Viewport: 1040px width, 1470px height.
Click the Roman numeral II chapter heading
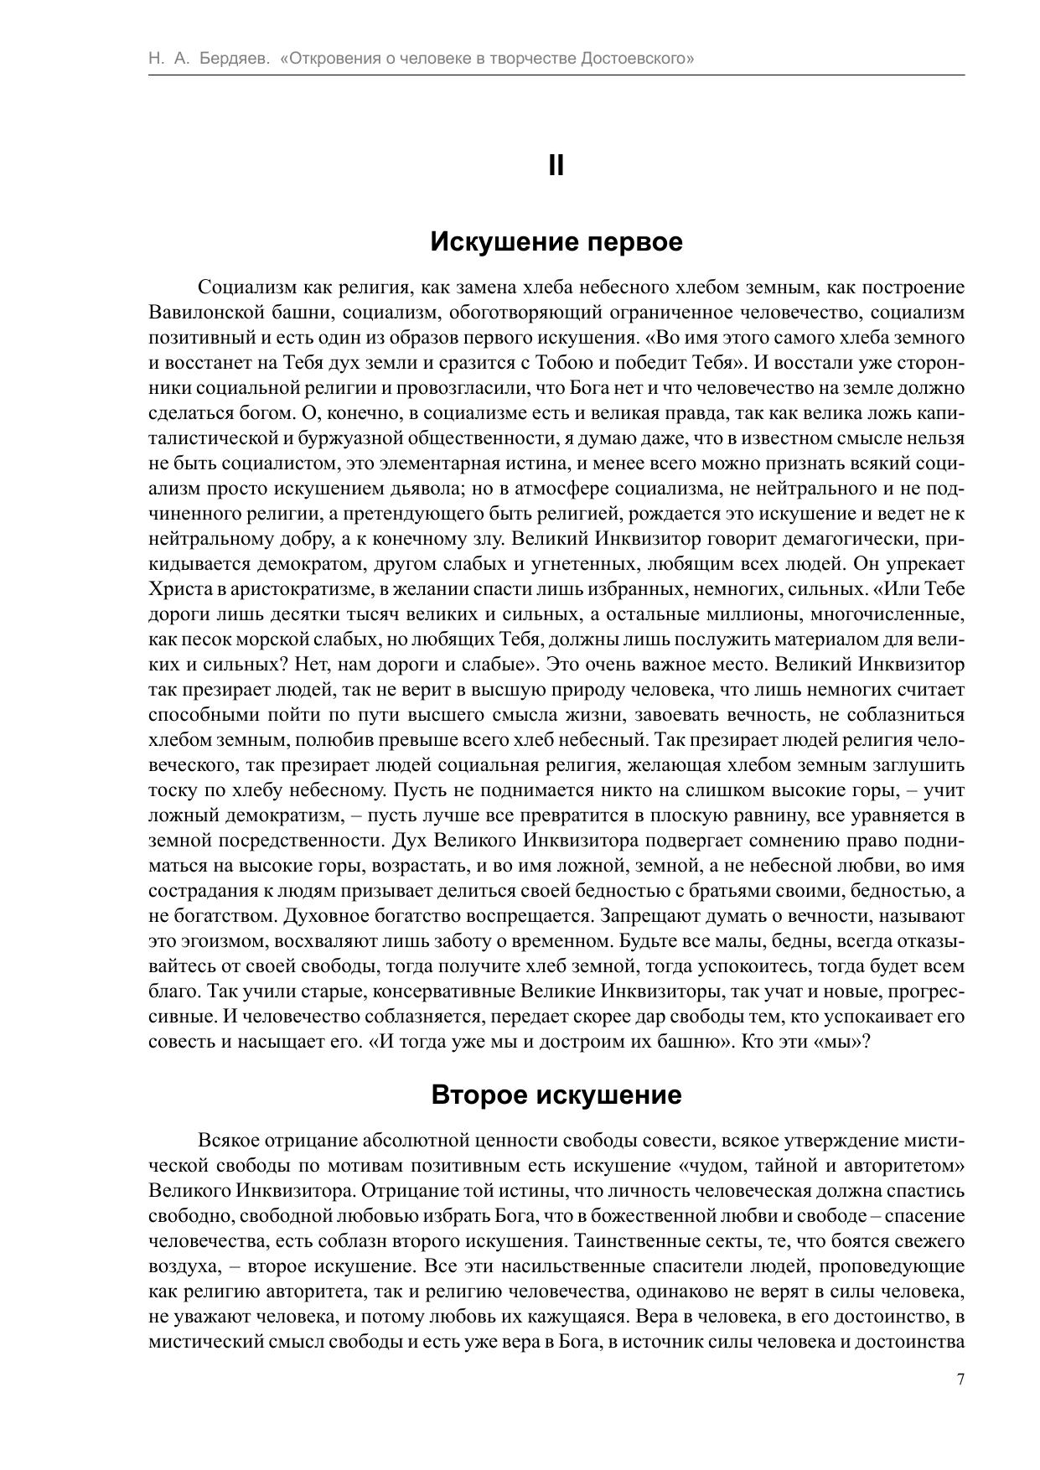(556, 166)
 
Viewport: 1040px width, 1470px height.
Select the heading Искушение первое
(556, 242)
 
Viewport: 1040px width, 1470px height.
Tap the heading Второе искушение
(556, 1095)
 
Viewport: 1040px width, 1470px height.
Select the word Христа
(174, 589)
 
